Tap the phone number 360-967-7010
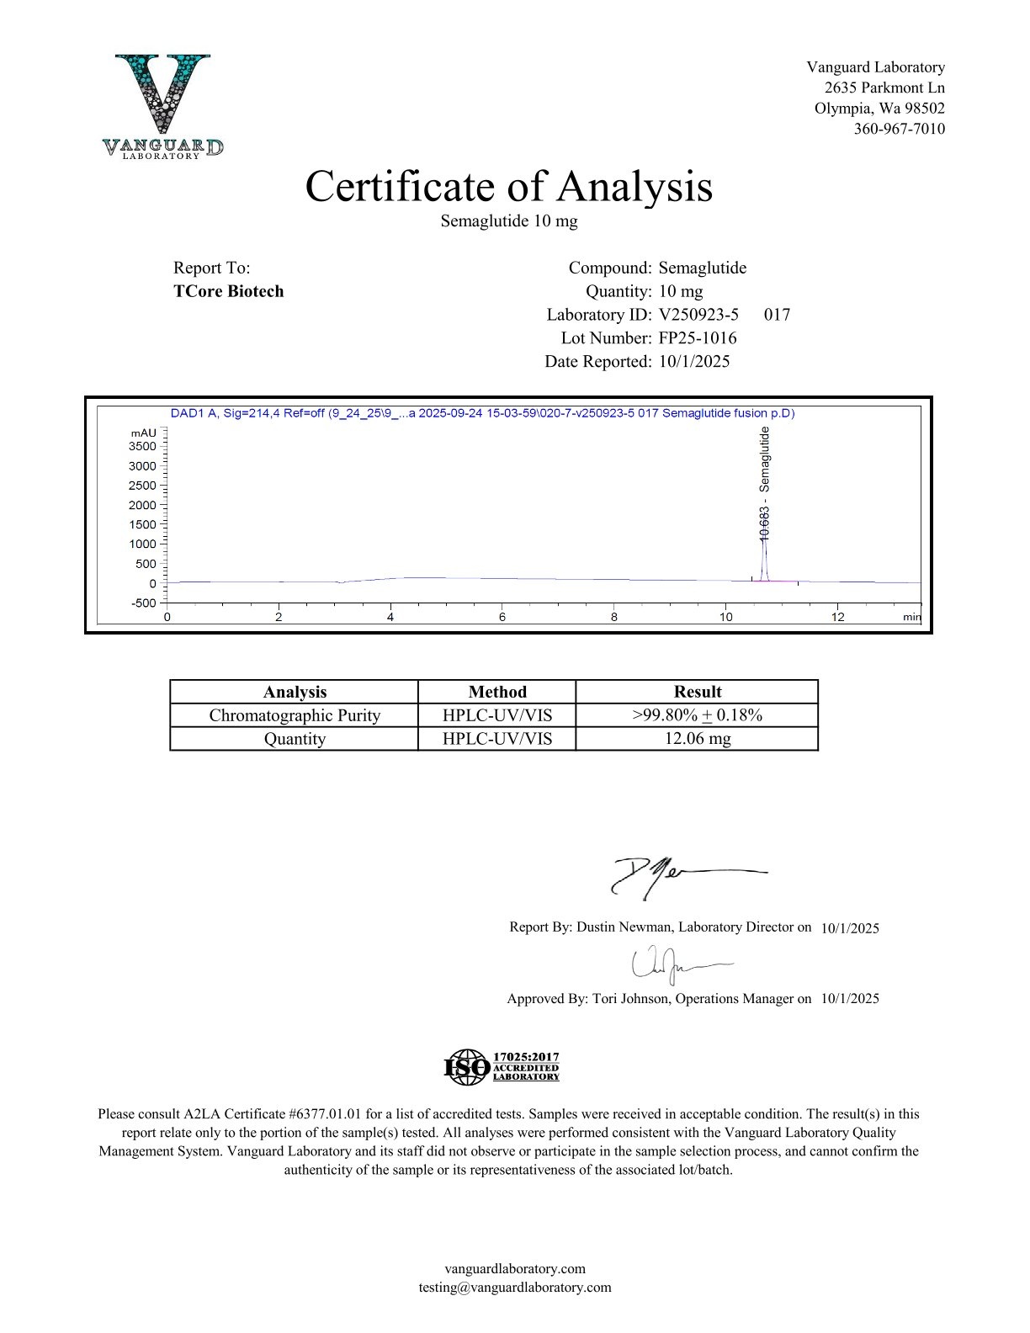click(x=899, y=129)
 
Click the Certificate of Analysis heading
click(x=508, y=186)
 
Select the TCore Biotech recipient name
click(x=228, y=291)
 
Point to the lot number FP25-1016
click(x=697, y=338)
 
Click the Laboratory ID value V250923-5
click(x=698, y=315)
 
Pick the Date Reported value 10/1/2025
click(x=693, y=362)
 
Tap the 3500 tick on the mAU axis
click(x=142, y=446)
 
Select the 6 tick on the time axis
click(x=502, y=617)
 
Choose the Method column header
click(x=496, y=692)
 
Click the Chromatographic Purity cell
click(x=295, y=715)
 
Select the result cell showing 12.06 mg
click(x=697, y=739)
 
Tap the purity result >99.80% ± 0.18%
click(x=697, y=715)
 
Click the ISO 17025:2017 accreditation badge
click(x=502, y=1066)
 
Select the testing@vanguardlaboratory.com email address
click(x=514, y=1288)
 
